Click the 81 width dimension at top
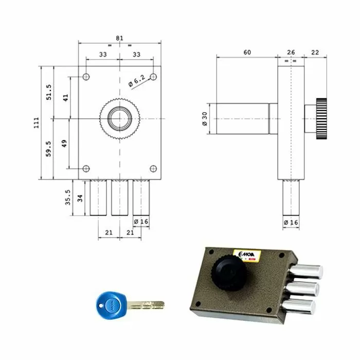point(120,38)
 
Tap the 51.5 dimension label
point(49,93)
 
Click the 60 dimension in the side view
point(247,52)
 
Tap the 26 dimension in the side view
point(291,52)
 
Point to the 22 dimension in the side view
point(315,52)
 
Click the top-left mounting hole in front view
point(86,77)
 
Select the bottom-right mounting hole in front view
point(153,168)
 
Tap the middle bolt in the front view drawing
point(119,197)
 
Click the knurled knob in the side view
point(322,119)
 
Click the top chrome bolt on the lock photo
point(309,270)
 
